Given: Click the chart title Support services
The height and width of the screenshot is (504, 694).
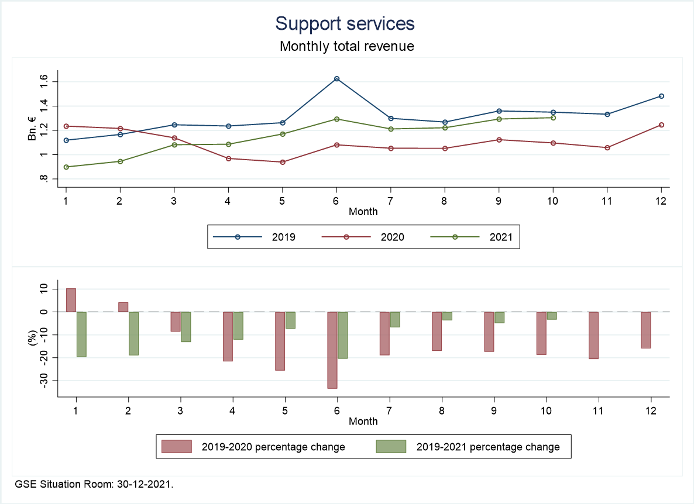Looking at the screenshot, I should pos(345,23).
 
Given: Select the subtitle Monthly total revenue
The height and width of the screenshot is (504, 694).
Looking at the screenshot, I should pos(346,46).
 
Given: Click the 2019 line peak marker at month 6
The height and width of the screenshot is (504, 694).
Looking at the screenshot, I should pos(336,79).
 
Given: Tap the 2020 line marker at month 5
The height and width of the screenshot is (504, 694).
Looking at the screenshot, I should pos(283,162).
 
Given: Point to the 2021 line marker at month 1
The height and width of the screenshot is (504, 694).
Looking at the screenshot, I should pos(66,167).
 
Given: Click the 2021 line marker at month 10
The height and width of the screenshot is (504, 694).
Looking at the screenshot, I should pos(553,118).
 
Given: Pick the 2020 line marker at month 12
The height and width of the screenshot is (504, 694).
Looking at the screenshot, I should pos(661,125).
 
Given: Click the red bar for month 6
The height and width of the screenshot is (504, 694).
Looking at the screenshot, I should pos(332,350).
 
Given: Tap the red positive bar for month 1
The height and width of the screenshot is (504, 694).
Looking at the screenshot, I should pos(71,300).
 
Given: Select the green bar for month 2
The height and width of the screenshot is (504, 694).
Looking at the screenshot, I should pos(133,333).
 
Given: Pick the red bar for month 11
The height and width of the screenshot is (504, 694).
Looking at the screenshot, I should pos(593,335).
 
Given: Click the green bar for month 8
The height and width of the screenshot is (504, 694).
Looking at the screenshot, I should pos(447,316).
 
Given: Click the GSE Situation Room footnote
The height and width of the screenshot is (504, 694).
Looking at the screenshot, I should pos(94,484).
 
